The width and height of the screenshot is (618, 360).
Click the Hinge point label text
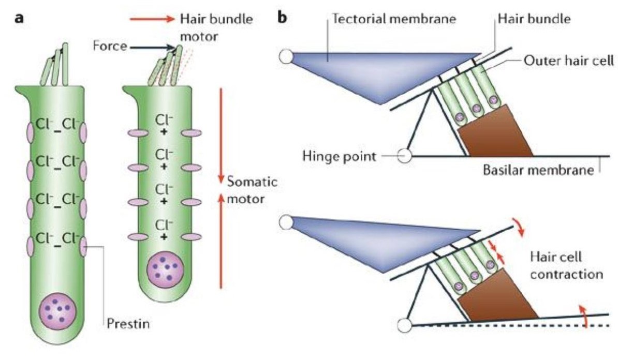(x=354, y=155)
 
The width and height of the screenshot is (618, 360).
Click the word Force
(x=110, y=46)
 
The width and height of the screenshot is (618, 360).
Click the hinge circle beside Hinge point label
(x=404, y=155)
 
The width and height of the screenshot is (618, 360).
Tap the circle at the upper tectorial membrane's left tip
(x=286, y=56)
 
